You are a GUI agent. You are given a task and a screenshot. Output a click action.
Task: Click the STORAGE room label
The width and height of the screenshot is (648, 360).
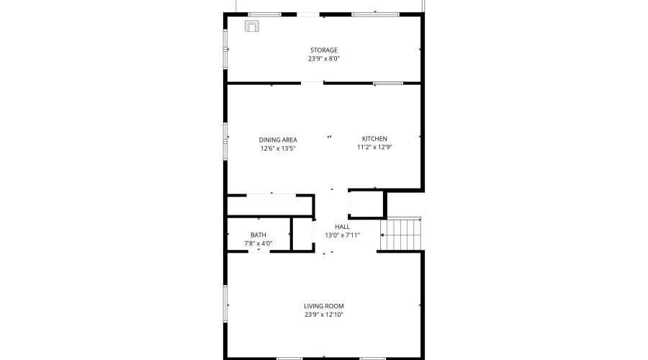tap(324, 50)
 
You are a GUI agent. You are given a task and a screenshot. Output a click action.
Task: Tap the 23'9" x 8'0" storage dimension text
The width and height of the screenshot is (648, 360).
tap(324, 59)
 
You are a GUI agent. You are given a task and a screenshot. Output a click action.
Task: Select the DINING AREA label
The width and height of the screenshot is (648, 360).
tap(278, 140)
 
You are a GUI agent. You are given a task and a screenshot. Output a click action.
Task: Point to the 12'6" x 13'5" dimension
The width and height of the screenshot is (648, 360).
tap(278, 148)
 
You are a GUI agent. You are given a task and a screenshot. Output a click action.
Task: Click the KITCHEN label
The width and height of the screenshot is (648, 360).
tap(374, 138)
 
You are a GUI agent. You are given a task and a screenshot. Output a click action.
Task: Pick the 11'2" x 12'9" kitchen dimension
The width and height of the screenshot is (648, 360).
tap(374, 147)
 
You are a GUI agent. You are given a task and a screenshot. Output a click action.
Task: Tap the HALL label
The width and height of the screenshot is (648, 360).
tap(342, 227)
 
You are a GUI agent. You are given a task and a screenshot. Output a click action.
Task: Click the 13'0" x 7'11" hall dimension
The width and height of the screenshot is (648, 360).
tap(342, 235)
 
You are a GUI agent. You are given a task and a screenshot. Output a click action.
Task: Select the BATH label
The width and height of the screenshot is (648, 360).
tap(258, 235)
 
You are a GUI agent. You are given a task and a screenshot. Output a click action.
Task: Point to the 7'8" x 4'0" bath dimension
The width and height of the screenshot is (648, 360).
tap(258, 243)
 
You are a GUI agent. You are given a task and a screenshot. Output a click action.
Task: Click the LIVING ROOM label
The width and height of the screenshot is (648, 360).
tap(324, 306)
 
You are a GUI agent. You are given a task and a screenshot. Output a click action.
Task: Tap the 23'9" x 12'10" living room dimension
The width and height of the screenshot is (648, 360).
tap(324, 315)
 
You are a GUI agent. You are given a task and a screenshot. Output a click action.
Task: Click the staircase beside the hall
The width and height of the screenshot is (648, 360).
tap(401, 234)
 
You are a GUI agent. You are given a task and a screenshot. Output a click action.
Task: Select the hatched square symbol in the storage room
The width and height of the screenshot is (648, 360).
tap(252, 26)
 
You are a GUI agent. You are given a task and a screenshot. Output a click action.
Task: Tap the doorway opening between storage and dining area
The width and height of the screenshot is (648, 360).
tap(312, 83)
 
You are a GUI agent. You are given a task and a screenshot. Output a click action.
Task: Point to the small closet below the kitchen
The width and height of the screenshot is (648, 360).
tap(366, 204)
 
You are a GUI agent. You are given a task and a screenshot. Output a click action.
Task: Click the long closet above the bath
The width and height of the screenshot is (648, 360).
tap(271, 205)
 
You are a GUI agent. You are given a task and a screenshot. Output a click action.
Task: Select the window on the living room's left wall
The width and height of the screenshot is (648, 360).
tap(225, 303)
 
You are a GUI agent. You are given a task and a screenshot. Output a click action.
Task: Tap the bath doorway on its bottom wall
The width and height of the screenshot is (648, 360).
tap(259, 251)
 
